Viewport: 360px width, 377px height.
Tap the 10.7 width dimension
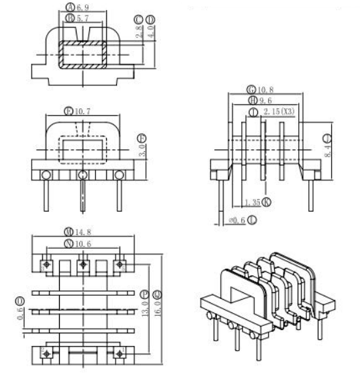(x=86, y=110)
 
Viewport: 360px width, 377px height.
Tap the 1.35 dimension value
(x=253, y=202)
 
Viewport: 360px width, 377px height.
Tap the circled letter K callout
(x=267, y=202)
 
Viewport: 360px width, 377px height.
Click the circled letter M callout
(x=69, y=233)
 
